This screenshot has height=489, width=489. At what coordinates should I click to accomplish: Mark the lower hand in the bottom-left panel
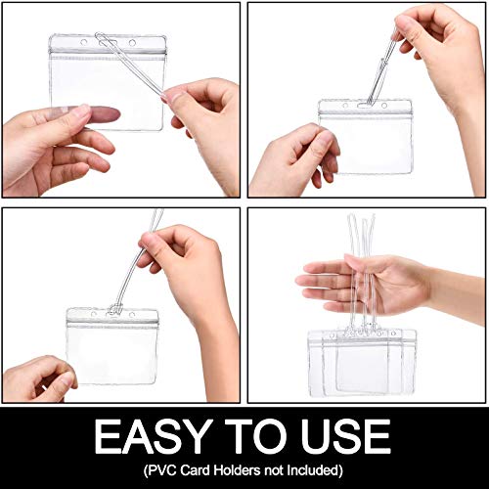click(39, 377)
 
